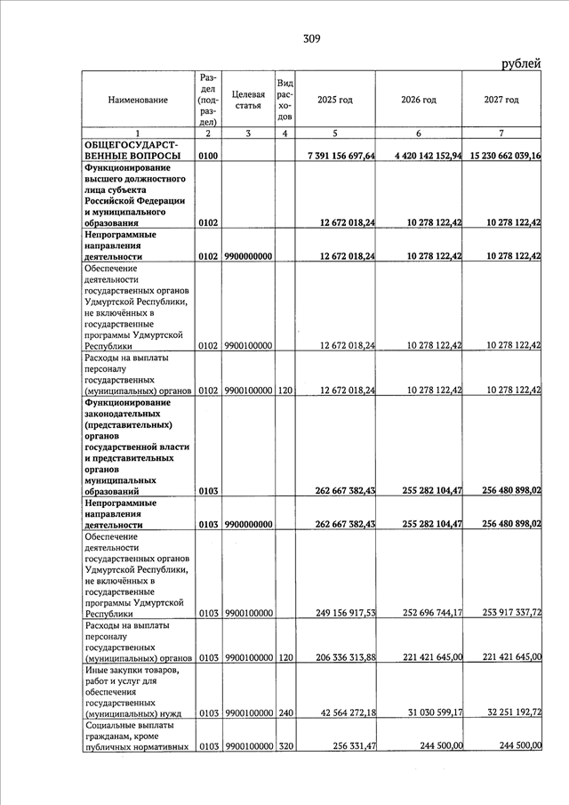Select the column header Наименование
[x=138, y=100]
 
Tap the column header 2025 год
[x=334, y=100]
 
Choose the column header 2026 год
[x=418, y=100]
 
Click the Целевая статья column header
[x=248, y=100]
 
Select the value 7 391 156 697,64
[x=341, y=157]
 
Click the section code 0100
[x=208, y=157]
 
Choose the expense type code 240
[x=284, y=712]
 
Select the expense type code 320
[x=284, y=745]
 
